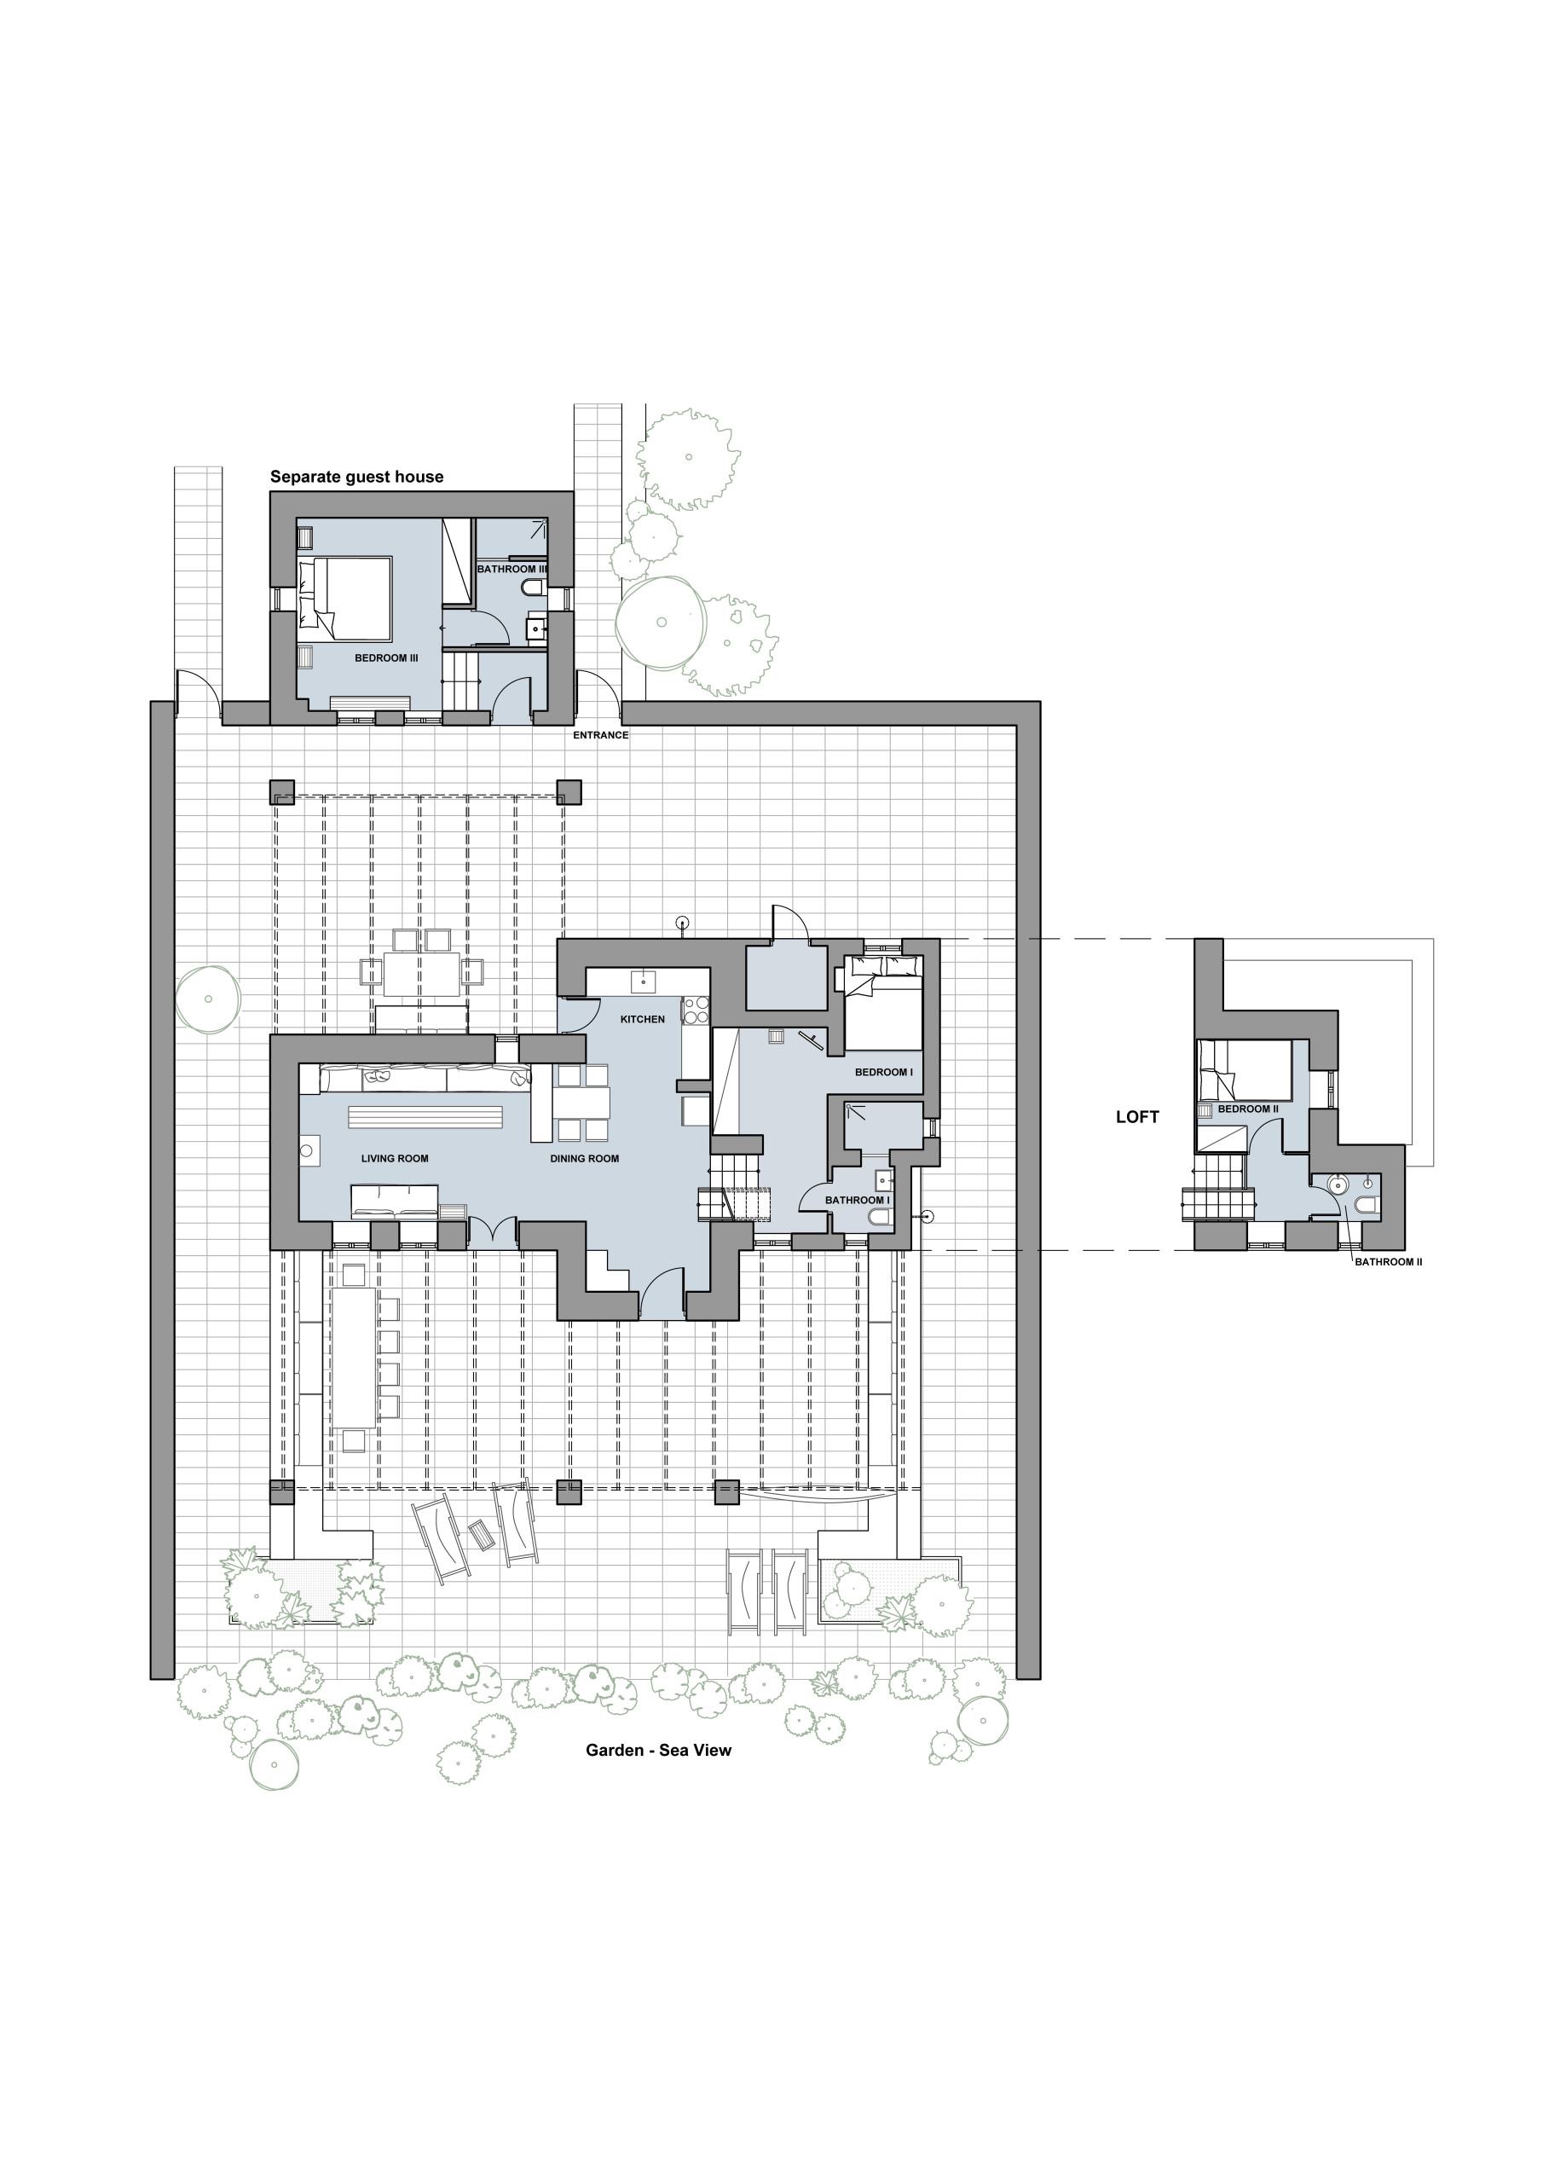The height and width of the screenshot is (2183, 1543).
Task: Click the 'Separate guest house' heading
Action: [356, 477]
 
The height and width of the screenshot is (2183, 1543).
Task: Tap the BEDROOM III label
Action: [386, 658]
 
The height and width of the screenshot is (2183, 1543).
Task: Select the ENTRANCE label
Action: [601, 735]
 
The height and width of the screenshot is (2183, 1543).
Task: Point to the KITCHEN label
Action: [643, 1019]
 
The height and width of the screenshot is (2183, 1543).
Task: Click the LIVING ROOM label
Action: [395, 1158]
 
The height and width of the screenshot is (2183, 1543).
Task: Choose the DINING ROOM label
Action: [585, 1158]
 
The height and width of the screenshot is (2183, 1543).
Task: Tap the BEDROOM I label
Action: [883, 1073]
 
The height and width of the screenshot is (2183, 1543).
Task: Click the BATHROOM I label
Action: [858, 1200]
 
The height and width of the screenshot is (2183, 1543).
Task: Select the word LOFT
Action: [1137, 1117]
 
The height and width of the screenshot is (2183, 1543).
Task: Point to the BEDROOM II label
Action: [1248, 1109]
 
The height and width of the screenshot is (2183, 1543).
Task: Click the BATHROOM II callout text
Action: [1388, 1262]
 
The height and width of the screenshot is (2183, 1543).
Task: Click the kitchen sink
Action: [644, 981]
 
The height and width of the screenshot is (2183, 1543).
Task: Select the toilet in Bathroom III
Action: [535, 589]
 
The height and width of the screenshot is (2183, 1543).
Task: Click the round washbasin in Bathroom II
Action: [1338, 1184]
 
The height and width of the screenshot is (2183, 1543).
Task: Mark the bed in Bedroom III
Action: [345, 598]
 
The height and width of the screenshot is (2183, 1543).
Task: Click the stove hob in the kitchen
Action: [696, 1009]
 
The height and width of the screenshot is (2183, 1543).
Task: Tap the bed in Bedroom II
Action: [1245, 1070]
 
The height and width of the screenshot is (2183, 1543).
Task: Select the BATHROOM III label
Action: [512, 569]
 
